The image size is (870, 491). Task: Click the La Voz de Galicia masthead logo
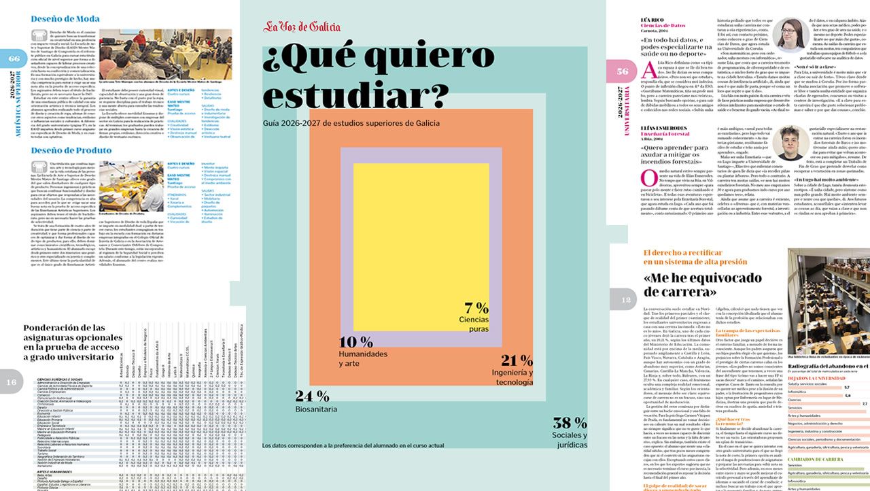[302, 27]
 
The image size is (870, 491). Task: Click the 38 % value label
[570, 422]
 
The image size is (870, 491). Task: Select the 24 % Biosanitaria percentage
[313, 396]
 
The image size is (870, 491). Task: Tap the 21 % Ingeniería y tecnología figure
[517, 360]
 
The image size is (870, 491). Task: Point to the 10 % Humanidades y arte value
[355, 341]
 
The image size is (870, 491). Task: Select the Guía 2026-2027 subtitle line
[351, 123]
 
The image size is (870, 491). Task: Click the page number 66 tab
[13, 59]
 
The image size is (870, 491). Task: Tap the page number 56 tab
[621, 71]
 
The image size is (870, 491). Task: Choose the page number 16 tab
[12, 382]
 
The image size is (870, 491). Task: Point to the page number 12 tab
[624, 299]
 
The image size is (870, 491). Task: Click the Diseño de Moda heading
[65, 19]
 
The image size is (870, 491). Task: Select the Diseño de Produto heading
[71, 150]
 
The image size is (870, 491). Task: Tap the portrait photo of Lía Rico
[790, 35]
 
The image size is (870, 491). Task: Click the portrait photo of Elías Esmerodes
[790, 143]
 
